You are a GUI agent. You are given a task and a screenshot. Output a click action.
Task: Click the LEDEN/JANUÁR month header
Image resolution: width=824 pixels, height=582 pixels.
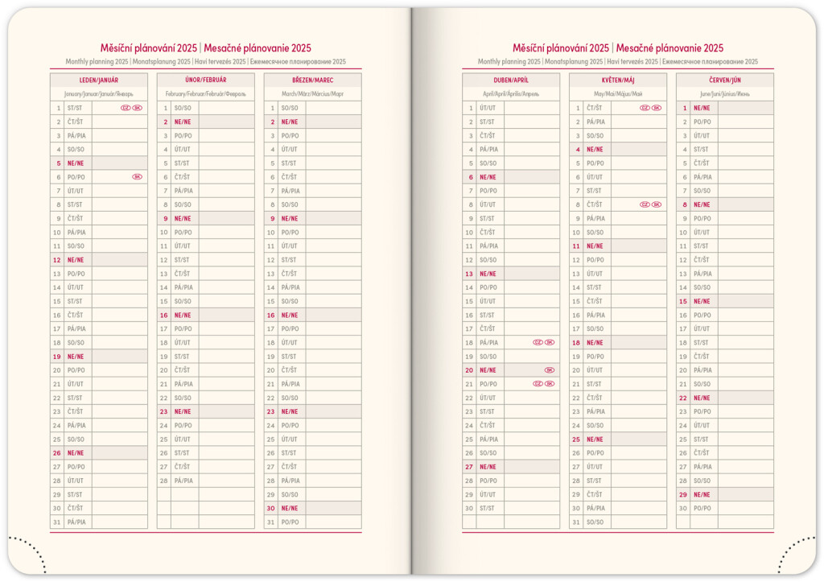point(98,80)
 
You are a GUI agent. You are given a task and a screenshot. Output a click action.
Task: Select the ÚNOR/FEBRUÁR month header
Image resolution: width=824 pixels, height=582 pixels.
point(205,80)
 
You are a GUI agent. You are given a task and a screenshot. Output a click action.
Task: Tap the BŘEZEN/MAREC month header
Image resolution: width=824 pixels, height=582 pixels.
point(312,80)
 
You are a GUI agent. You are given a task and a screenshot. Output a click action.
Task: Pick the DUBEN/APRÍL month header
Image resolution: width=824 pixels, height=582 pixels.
point(510,80)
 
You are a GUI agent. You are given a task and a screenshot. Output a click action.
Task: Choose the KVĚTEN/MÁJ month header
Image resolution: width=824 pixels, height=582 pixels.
point(617,80)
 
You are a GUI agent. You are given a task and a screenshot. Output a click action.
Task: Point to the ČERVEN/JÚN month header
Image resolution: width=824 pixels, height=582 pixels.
point(724,80)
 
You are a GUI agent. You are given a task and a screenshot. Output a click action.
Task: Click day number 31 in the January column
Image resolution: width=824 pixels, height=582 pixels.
point(56,522)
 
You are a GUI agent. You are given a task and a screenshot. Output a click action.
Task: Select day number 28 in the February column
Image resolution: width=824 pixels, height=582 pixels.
point(163,481)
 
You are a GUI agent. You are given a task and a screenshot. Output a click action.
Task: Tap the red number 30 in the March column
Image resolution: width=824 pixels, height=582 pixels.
point(270,508)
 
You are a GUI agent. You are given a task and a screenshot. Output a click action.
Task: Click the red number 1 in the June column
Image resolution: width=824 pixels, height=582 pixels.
point(684,108)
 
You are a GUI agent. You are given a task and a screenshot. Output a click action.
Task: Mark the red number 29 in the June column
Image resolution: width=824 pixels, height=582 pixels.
point(682,494)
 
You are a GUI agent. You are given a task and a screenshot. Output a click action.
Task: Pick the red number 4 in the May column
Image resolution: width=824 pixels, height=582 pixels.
point(578,149)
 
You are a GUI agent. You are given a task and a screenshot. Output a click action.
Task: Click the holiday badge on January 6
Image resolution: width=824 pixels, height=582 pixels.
point(137,176)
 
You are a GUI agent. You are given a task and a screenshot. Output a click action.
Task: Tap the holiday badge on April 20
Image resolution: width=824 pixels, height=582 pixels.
point(550,370)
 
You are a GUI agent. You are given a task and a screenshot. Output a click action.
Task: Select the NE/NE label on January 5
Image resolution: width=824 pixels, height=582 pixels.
point(76,163)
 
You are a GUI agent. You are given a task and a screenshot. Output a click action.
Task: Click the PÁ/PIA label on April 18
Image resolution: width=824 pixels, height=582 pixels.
point(488,342)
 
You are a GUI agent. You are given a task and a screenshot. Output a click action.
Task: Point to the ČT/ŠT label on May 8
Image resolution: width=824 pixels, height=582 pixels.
point(595,204)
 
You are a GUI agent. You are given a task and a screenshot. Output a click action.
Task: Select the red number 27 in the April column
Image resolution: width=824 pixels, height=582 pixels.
point(468,467)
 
